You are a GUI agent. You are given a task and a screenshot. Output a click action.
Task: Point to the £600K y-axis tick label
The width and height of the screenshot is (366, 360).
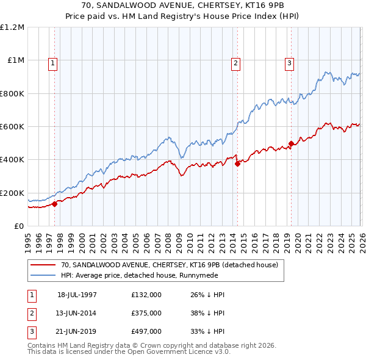pyautogui.click(x=12, y=127)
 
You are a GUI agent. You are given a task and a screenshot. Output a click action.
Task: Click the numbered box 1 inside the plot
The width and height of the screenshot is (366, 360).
pyautogui.click(x=53, y=62)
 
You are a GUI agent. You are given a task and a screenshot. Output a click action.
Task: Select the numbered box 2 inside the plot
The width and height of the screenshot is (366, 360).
pyautogui.click(x=235, y=62)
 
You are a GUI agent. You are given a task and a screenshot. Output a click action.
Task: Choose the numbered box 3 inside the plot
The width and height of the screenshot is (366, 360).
pyautogui.click(x=289, y=62)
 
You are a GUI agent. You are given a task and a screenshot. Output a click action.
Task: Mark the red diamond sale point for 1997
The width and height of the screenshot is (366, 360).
pyautogui.click(x=55, y=204)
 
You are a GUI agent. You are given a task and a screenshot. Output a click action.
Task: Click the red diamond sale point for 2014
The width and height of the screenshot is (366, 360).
pyautogui.click(x=237, y=164)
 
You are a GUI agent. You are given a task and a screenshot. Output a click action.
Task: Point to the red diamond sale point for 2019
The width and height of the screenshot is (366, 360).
pyautogui.click(x=291, y=144)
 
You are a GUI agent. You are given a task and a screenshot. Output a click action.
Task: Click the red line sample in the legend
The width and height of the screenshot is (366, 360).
pyautogui.click(x=43, y=265)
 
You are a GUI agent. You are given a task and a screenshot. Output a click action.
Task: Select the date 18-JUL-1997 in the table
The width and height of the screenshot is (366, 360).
pyautogui.click(x=77, y=295)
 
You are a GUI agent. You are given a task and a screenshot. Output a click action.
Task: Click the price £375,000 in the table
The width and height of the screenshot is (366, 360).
pyautogui.click(x=146, y=313)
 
